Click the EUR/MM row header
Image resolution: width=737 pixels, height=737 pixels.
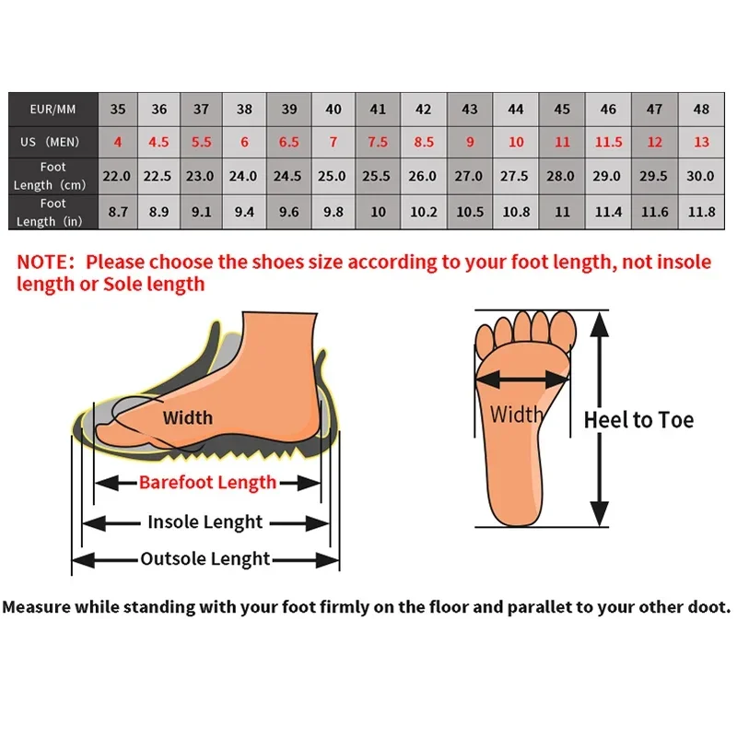(53, 110)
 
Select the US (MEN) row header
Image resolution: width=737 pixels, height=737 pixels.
(53, 142)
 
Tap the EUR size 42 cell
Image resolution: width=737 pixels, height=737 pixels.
(423, 110)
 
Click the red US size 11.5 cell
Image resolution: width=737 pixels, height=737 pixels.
(608, 142)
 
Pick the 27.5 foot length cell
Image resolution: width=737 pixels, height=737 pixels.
(515, 176)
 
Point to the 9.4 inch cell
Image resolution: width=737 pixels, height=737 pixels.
(244, 212)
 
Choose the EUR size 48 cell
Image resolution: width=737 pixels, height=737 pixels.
(701, 110)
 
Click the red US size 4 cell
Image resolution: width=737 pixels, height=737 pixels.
(118, 142)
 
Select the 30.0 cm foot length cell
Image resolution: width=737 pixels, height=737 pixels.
(701, 176)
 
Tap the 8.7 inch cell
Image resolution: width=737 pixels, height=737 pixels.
(118, 212)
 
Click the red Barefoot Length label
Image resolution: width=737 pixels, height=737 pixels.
(207, 482)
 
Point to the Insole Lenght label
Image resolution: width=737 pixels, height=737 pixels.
(205, 522)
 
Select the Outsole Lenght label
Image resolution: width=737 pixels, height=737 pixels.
(205, 559)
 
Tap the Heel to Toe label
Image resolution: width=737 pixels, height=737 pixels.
(638, 421)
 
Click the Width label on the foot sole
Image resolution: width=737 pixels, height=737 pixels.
(516, 415)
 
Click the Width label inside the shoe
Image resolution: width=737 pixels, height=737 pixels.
(187, 418)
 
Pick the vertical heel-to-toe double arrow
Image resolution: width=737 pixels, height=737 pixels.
(599, 419)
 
